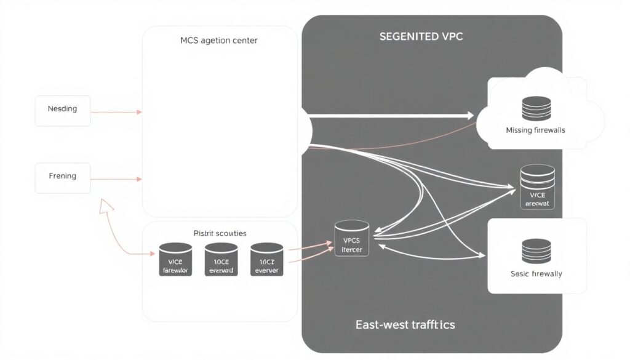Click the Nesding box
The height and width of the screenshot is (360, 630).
click(x=63, y=110)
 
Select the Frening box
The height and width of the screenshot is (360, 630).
click(x=63, y=177)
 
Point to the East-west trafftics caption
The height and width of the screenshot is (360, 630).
click(x=405, y=324)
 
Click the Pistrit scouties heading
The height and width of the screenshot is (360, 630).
click(x=220, y=233)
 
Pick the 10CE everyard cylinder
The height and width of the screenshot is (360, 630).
click(x=221, y=259)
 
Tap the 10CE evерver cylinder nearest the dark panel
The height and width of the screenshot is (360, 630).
click(x=267, y=259)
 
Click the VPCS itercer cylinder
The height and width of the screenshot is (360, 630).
click(x=351, y=239)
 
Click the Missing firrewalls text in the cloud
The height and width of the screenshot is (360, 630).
click(x=535, y=130)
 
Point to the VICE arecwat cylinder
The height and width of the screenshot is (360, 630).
click(x=538, y=186)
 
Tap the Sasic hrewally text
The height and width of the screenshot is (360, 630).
click(x=536, y=273)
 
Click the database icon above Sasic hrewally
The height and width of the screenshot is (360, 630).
click(x=536, y=250)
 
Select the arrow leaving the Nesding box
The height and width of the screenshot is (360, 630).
click(x=117, y=112)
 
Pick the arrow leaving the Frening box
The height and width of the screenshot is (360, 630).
click(x=117, y=179)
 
